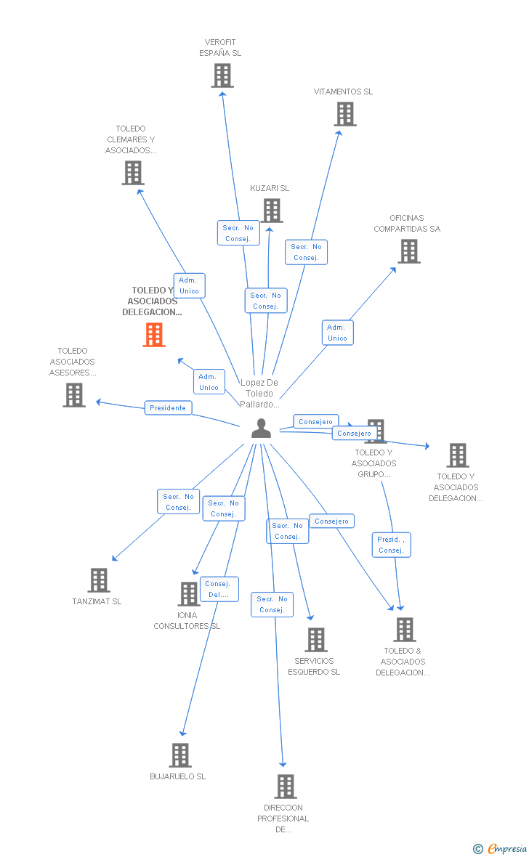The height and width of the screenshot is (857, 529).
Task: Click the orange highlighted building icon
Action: tap(154, 335)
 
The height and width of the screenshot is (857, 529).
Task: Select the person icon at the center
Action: tap(261, 428)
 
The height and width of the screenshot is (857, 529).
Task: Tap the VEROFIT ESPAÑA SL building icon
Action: tap(222, 76)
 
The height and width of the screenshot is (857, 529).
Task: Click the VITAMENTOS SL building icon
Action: tap(345, 114)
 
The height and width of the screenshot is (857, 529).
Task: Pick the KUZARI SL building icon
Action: tap(272, 211)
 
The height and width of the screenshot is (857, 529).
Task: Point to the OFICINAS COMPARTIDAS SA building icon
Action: tap(409, 251)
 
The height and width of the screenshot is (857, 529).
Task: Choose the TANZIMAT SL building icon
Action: tap(99, 580)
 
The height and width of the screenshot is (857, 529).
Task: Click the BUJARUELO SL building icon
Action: tap(180, 755)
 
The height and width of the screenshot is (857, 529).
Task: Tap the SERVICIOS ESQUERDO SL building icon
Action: tap(316, 640)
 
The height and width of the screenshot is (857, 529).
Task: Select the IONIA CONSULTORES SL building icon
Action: tap(189, 594)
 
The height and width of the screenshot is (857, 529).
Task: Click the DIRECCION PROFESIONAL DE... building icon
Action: tap(286, 787)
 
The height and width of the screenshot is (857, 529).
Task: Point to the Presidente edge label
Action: tap(169, 408)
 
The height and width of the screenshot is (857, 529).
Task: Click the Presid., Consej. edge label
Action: tap(392, 545)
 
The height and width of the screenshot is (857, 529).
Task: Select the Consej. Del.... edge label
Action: tap(219, 589)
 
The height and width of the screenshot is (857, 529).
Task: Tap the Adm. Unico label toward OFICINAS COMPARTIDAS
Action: tap(337, 333)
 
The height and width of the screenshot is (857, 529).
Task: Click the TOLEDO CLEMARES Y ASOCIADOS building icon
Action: tap(133, 173)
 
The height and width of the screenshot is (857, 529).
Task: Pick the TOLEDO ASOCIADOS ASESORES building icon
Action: tap(74, 395)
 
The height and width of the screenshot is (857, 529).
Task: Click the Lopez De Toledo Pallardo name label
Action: tap(259, 394)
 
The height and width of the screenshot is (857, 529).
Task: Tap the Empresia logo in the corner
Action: tap(506, 848)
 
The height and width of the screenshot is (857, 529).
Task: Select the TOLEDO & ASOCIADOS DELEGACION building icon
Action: tap(405, 630)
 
